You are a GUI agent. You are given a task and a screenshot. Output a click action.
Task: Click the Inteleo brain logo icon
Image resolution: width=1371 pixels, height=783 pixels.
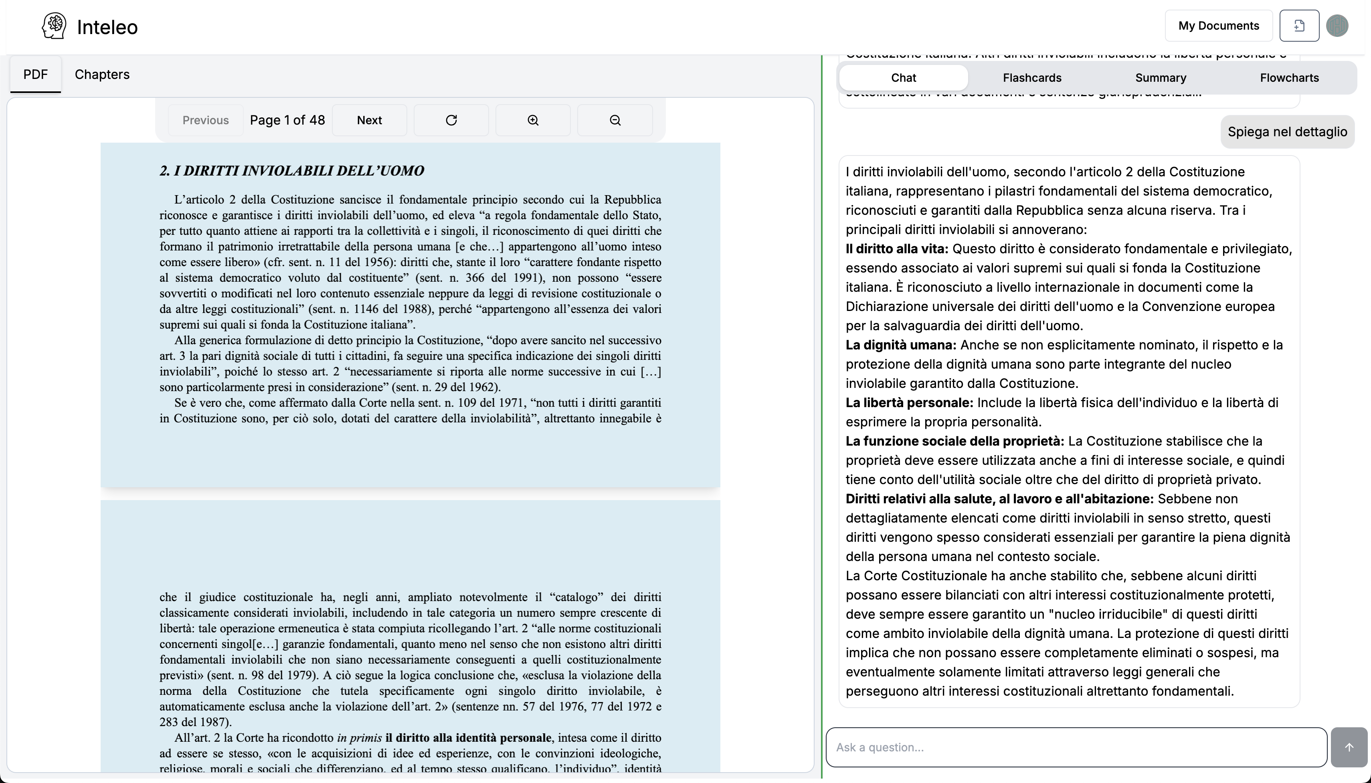tap(54, 26)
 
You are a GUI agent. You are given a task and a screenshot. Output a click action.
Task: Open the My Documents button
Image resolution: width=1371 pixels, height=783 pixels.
tap(1218, 26)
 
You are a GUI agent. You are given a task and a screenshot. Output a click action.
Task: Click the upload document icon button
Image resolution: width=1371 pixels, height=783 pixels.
tap(1299, 26)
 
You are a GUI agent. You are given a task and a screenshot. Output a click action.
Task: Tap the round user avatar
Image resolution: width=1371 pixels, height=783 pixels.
tap(1337, 26)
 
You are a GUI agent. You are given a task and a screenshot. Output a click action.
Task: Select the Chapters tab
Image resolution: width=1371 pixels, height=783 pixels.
tap(102, 74)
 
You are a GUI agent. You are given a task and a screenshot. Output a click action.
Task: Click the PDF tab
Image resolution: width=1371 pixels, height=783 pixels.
tap(36, 74)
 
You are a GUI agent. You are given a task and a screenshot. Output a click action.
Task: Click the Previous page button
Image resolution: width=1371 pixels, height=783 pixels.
tap(206, 120)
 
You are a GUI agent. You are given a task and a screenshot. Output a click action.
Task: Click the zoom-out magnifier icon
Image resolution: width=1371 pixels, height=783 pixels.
tap(615, 120)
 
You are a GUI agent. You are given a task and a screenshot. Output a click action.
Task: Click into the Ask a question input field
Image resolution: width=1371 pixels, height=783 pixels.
tap(1076, 747)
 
